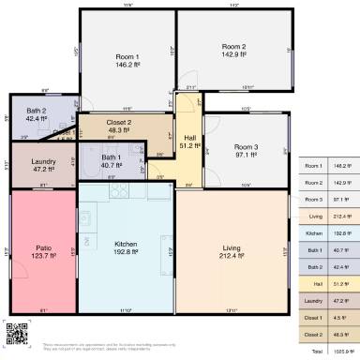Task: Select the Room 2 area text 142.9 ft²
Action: pos(233,55)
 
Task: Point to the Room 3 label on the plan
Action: pos(246,146)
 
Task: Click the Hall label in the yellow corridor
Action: pos(187,137)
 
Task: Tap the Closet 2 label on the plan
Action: pos(119,123)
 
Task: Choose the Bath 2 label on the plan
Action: pos(37,111)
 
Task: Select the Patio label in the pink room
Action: pos(43,248)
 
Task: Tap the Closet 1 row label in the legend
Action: pos(314,317)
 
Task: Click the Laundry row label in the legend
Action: pos(314,300)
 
